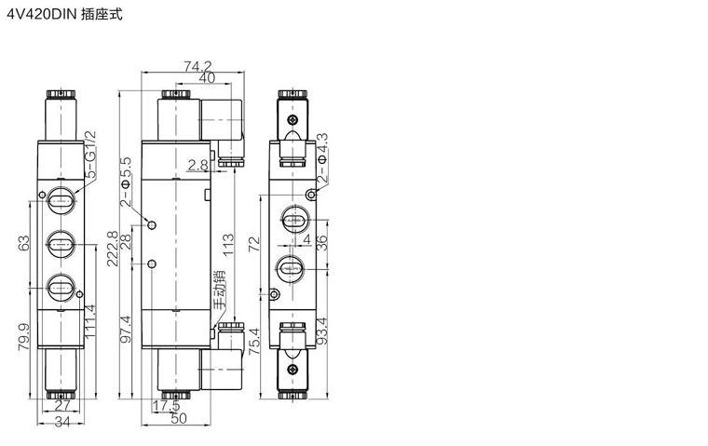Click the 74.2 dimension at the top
click(x=197, y=66)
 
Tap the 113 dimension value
click(x=229, y=244)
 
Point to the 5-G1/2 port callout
click(x=90, y=155)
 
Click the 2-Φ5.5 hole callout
click(x=126, y=182)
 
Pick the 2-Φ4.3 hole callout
click(x=322, y=157)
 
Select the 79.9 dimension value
click(x=23, y=337)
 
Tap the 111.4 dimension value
click(x=90, y=321)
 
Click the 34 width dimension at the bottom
click(x=62, y=423)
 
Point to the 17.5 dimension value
click(x=166, y=406)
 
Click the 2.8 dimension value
click(x=198, y=165)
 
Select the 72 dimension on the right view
click(x=254, y=244)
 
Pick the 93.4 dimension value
click(x=321, y=331)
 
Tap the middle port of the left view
click(x=61, y=244)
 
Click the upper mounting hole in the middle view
click(x=152, y=224)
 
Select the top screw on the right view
click(x=293, y=120)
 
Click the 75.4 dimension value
click(x=254, y=342)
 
